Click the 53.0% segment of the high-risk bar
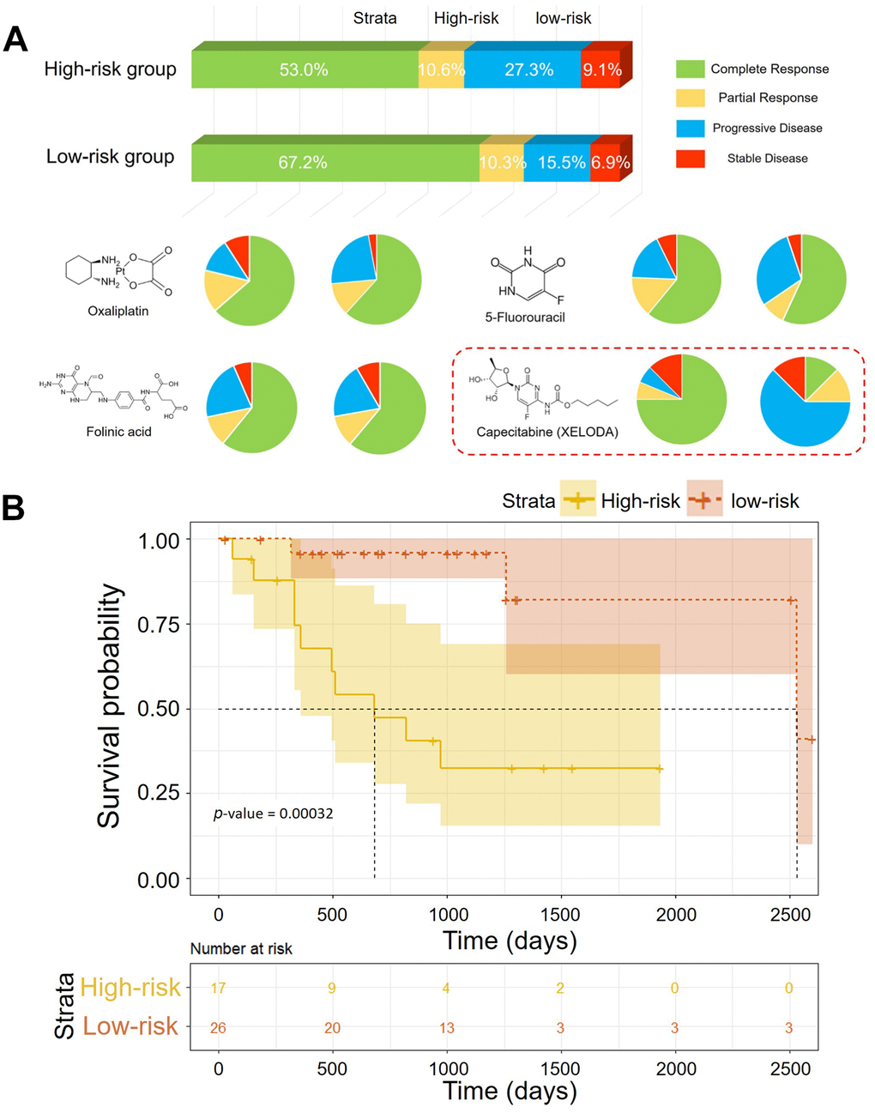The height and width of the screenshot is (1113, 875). [x=304, y=70]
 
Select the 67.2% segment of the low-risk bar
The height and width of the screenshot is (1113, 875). [x=303, y=162]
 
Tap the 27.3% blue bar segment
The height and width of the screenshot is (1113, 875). [x=528, y=70]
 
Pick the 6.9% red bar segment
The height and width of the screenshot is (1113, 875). [x=610, y=162]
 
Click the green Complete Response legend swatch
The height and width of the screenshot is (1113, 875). [x=691, y=69]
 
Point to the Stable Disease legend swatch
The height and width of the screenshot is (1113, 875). [x=691, y=158]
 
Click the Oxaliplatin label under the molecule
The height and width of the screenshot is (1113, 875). [x=118, y=311]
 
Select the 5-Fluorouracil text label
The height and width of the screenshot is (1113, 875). [x=525, y=317]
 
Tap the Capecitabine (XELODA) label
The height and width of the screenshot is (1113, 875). [x=547, y=432]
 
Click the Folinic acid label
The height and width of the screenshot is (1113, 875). [x=118, y=432]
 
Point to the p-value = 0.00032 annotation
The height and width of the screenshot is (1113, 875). [x=273, y=813]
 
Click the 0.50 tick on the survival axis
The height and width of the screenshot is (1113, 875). [x=159, y=709]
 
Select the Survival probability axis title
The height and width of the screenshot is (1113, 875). [x=109, y=705]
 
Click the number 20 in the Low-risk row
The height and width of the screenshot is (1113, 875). [x=332, y=1027]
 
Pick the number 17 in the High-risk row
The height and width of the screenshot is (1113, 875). [x=219, y=989]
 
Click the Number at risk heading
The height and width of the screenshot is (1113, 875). [x=241, y=948]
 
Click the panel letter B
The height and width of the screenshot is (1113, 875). [x=14, y=508]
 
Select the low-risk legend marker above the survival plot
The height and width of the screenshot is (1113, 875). [x=704, y=500]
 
